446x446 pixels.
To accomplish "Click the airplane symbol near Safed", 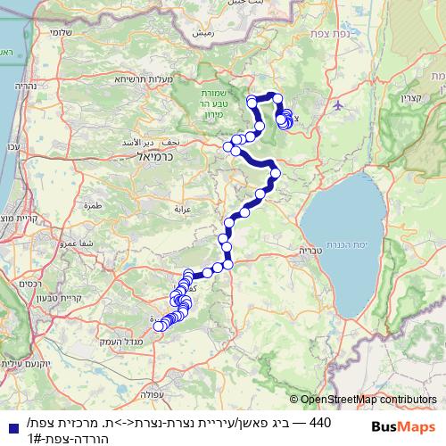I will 339,105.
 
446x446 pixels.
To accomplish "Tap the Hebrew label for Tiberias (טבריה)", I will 310,251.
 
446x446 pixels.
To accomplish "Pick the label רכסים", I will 30,284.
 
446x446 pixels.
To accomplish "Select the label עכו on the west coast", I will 12,146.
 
